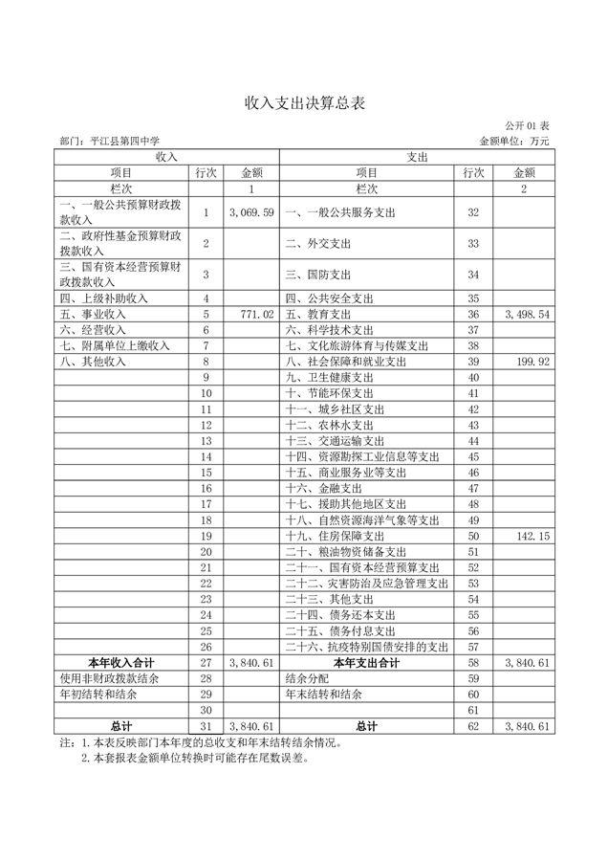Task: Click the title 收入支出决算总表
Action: [x=304, y=102]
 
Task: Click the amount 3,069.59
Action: [x=252, y=211]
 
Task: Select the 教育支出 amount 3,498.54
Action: [x=527, y=314]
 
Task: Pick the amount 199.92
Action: [x=533, y=362]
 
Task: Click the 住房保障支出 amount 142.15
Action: [x=533, y=536]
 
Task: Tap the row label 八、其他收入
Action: [x=93, y=362]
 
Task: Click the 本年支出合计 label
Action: [x=367, y=662]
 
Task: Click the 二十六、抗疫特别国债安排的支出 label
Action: [x=367, y=647]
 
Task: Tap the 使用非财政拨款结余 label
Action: [x=109, y=678]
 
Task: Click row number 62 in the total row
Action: [x=472, y=726]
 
